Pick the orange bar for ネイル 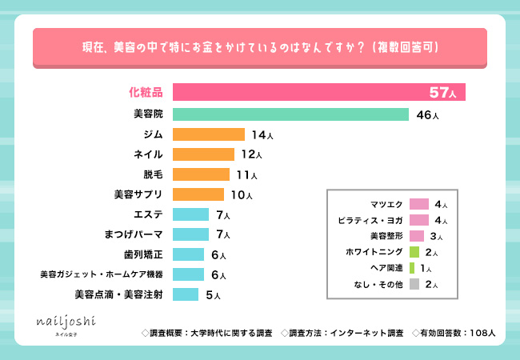pos(203,154)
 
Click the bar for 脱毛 pos(200,174)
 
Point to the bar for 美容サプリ pos(198,194)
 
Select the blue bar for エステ pos(190,214)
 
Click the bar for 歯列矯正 pos(188,254)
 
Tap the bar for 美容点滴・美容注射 pos(185,294)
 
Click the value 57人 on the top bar pos(442,93)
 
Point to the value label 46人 pos(427,115)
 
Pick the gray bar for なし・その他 pos(414,284)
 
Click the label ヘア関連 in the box pos(386,268)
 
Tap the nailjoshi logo pos(67,323)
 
